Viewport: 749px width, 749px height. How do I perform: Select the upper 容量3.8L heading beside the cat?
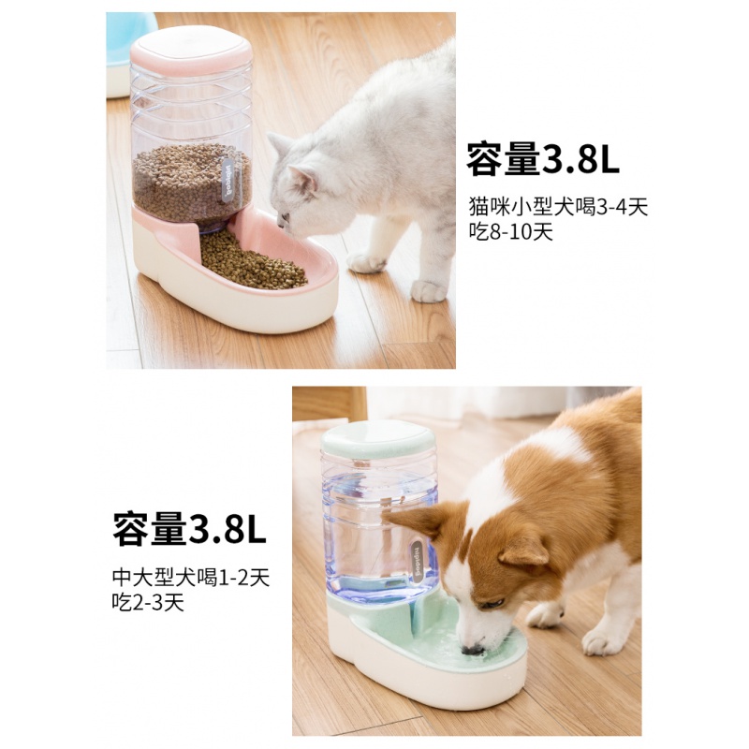coord(543,160)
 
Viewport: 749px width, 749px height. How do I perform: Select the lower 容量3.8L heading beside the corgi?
coord(190,528)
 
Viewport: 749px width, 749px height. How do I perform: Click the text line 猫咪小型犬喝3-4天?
coord(558,207)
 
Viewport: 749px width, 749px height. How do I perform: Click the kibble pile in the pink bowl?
coord(251,261)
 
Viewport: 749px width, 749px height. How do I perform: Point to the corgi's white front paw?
coord(545,615)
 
